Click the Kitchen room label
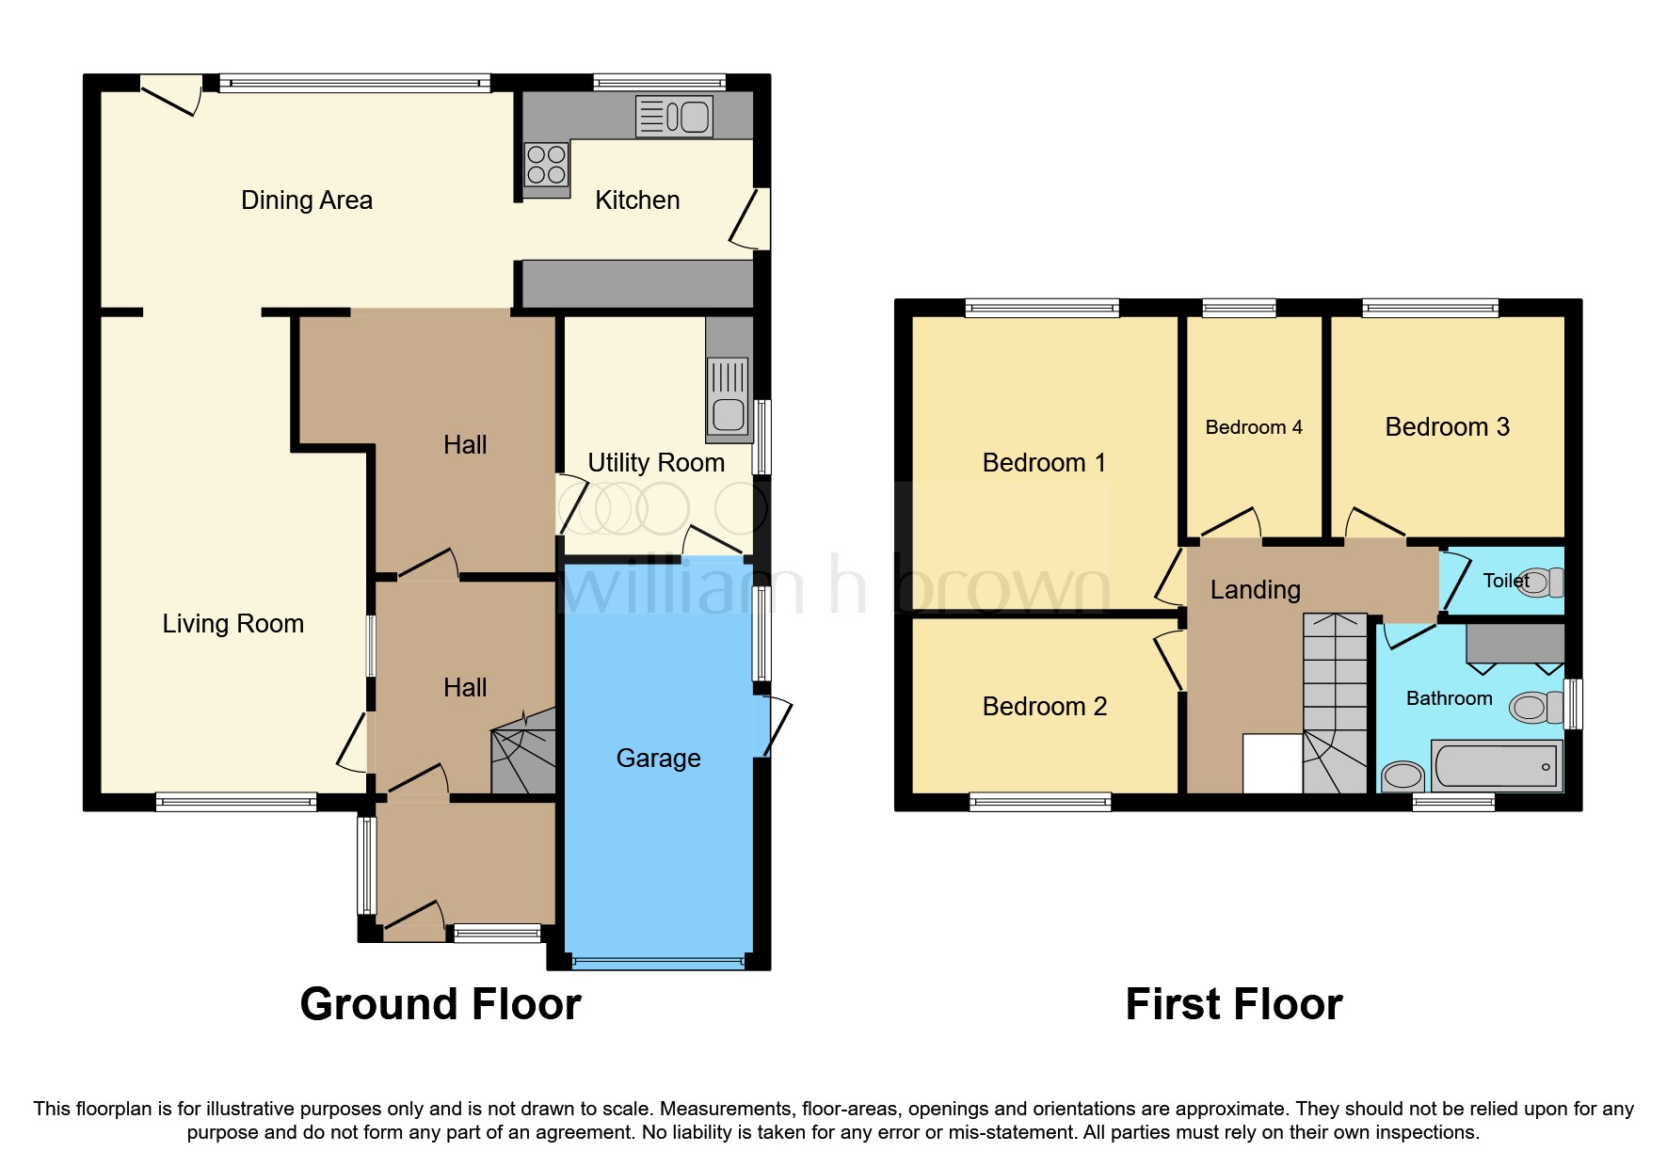(x=637, y=200)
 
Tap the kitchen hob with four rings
(x=546, y=165)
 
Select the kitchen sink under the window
(x=674, y=117)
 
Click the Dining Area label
(x=307, y=200)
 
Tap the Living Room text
(x=232, y=624)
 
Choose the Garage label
(x=658, y=759)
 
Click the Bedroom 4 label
(x=1253, y=427)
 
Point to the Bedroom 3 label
(x=1447, y=427)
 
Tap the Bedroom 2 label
(x=1044, y=707)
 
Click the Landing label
(x=1255, y=590)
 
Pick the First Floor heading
(x=1233, y=1004)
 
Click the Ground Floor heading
(x=441, y=1004)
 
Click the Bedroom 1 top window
(x=1042, y=308)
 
